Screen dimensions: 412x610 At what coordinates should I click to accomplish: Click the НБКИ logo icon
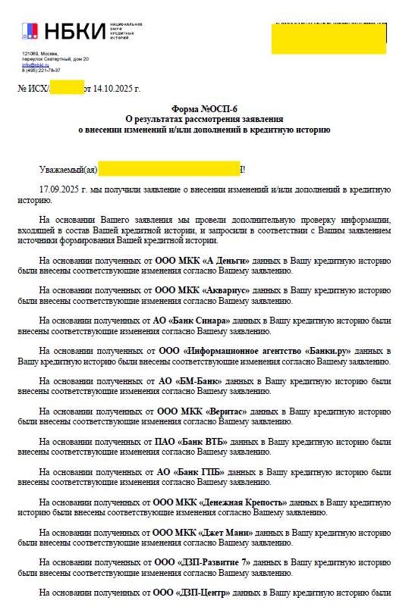click(29, 31)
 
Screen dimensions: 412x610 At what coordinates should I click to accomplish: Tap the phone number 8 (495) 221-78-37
click(41, 70)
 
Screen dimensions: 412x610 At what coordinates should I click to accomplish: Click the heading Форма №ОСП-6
click(205, 110)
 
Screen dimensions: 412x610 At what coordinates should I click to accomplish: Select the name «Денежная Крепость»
click(243, 502)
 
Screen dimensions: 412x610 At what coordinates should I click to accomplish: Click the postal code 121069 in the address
click(30, 53)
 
